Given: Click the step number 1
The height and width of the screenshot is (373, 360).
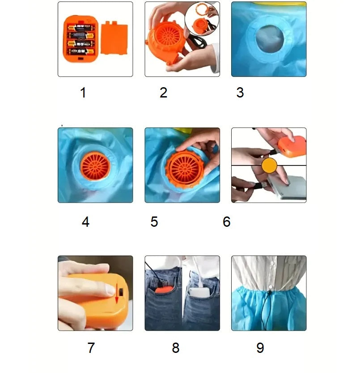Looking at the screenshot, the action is tap(83, 93).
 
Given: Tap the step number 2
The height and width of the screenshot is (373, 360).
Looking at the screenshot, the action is tap(164, 93).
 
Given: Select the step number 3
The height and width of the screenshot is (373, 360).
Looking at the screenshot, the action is tap(240, 93).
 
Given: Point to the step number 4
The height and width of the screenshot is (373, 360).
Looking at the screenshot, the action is tap(85, 222).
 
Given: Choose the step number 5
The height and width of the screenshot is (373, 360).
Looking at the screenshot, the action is tap(154, 222).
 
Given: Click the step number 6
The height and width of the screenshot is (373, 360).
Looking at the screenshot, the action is tap(227, 222).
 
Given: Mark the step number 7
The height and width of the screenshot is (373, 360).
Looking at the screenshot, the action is tap(91, 348).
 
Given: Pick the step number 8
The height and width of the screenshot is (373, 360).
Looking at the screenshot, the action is tap(176, 348).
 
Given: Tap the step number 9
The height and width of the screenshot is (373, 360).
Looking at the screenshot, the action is tap(260, 348).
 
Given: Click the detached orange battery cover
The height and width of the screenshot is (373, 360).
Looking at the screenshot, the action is tap(114, 38).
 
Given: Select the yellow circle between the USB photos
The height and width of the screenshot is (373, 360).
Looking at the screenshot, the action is tap(269, 165).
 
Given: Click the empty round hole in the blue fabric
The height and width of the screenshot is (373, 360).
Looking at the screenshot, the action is tap(270, 39).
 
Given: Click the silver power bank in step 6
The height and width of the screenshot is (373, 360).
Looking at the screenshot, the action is tap(288, 187).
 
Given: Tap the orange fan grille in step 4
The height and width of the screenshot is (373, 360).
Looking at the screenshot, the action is tap(95, 166).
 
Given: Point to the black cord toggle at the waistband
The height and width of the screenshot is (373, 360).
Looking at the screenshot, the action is tap(269, 292).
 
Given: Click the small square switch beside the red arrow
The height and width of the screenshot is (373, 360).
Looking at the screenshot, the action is tap(121, 292).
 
